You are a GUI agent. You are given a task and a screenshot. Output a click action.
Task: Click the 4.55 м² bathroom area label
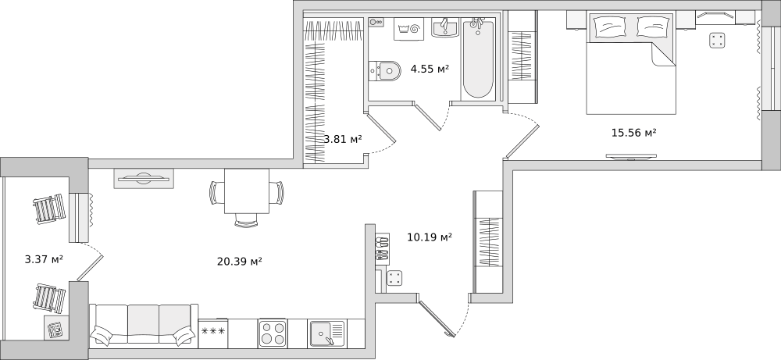coord(430,69)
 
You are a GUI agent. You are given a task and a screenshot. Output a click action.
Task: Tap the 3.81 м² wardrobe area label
coord(343,139)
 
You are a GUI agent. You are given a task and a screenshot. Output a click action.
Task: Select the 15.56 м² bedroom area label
coord(633,133)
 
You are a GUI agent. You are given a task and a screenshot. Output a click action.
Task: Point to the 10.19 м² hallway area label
coord(430,237)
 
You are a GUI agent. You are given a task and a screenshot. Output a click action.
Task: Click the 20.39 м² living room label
coord(240,261)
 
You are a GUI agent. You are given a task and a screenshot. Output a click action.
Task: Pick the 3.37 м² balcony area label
coord(44,259)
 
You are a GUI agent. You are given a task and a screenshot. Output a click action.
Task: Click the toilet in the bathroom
coord(384,71)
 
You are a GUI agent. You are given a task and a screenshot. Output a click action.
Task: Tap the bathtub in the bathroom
coord(478,59)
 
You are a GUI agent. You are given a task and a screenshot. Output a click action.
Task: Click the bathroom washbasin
coord(445,27)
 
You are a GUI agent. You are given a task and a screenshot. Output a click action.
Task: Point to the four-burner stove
coord(273,333)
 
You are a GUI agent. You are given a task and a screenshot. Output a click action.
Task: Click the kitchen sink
coord(327,333)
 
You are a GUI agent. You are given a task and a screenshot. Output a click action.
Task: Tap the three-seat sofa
coord(143,325)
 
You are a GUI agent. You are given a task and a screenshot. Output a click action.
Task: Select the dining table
coord(247,191)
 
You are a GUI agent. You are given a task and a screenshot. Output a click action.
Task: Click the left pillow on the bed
coord(610,27)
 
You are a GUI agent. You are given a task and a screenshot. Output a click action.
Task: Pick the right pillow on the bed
coord(653,27)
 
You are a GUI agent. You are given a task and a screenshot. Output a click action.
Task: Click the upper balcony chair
coord(49,209)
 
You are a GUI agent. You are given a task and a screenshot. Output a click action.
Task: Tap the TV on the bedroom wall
coord(631,157)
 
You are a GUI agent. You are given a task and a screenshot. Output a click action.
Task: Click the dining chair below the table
coord(246,220)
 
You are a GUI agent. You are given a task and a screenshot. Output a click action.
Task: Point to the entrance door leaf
coord(437,317)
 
